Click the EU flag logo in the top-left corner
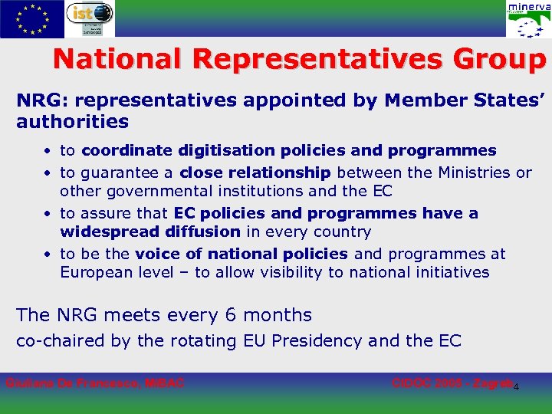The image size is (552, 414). (x=32, y=19)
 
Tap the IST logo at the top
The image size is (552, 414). (x=90, y=18)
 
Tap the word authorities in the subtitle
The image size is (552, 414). (x=72, y=121)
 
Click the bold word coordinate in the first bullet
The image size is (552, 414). (x=127, y=150)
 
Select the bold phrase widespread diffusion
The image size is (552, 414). (x=149, y=232)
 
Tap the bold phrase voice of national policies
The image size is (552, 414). (x=241, y=254)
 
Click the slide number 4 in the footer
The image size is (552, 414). (x=516, y=386)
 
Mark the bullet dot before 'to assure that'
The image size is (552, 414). (x=48, y=214)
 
